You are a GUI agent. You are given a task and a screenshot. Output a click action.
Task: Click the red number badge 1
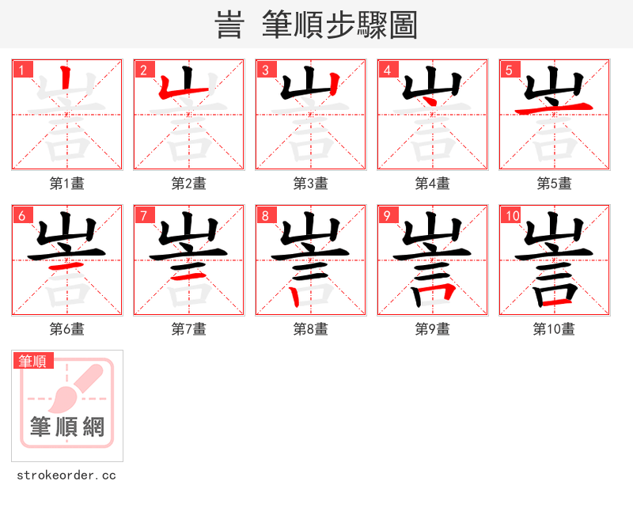point(21,70)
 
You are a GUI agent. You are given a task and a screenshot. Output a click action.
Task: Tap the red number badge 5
point(509,70)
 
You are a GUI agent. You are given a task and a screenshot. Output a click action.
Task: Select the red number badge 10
point(511,215)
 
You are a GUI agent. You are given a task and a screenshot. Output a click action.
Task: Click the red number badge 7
point(143,215)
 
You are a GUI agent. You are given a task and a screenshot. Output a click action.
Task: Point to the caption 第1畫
point(67,184)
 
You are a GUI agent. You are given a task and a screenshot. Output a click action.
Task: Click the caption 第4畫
point(433,184)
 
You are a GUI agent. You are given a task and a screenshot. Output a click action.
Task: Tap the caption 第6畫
point(67,328)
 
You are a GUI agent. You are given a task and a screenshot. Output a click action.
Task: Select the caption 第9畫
point(433,328)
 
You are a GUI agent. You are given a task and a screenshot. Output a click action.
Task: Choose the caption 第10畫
point(554,328)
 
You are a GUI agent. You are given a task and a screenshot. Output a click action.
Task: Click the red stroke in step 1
point(67,82)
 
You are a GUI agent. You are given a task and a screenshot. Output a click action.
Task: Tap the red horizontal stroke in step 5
point(554,108)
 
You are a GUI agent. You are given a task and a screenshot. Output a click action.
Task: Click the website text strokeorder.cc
point(66,476)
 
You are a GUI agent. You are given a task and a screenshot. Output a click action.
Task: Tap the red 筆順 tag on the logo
point(33,361)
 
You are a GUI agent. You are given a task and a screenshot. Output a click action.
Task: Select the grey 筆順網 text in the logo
point(67,427)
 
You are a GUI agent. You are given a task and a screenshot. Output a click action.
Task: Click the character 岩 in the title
point(229,25)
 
